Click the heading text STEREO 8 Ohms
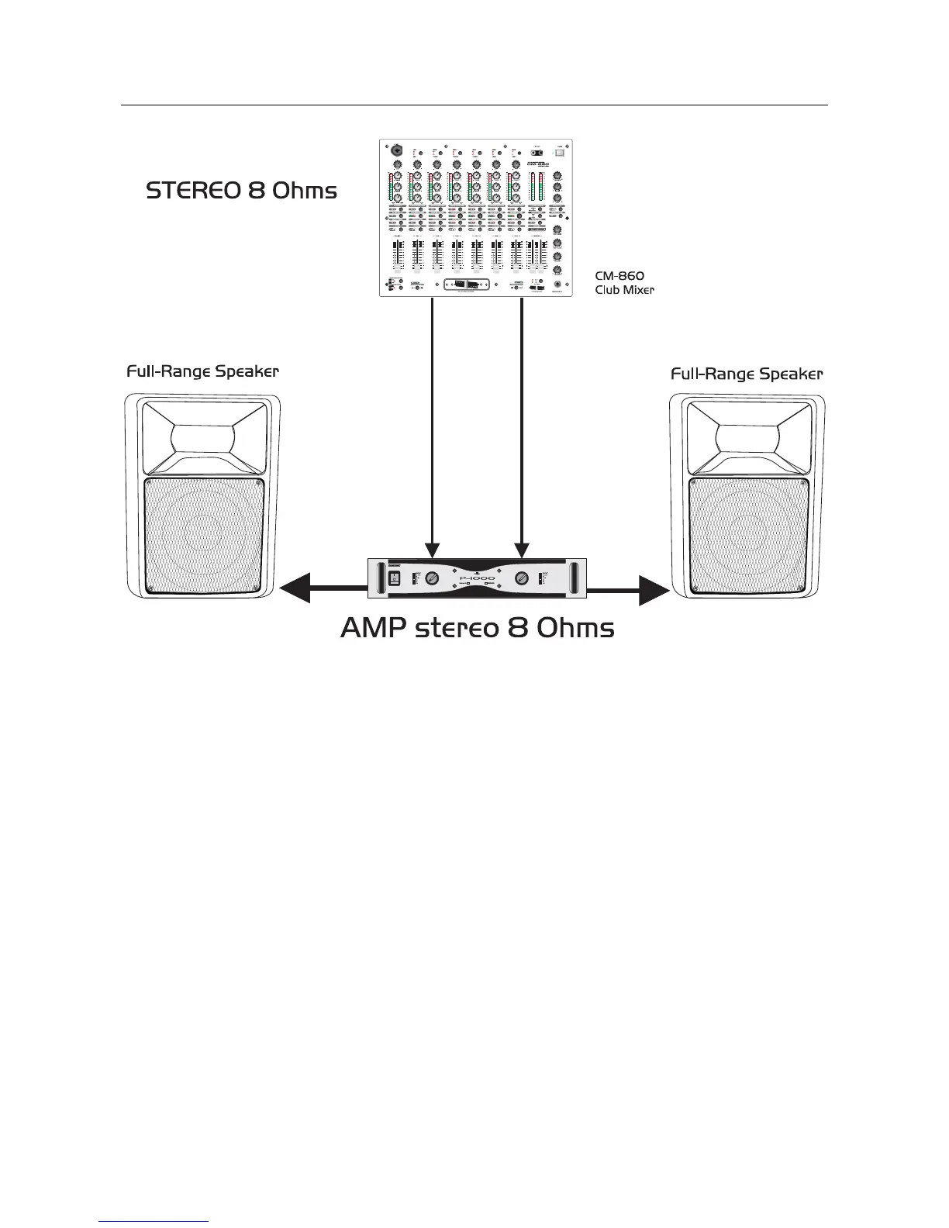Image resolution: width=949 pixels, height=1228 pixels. click(241, 191)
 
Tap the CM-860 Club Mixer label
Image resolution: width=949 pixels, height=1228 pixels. click(624, 283)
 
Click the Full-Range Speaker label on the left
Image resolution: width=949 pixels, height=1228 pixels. click(202, 372)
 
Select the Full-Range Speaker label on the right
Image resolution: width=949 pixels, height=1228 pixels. click(746, 374)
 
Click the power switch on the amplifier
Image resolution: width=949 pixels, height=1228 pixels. click(393, 578)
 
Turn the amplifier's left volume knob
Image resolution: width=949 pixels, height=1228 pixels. click(432, 578)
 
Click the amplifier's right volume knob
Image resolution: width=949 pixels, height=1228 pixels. click(523, 578)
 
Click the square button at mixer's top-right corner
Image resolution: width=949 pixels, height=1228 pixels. click(559, 153)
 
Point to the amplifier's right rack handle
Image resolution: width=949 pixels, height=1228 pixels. click(576, 578)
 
